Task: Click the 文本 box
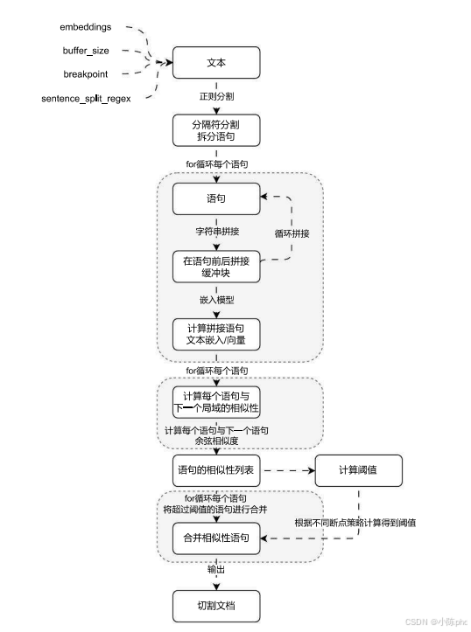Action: tap(215, 63)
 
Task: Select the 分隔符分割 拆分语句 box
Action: tap(215, 131)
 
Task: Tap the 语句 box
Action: tap(215, 198)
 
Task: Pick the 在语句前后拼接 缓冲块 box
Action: tap(215, 267)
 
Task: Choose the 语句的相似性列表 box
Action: tap(215, 470)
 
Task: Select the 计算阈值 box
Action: tap(358, 470)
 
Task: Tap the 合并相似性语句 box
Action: tap(215, 538)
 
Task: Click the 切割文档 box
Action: tap(215, 605)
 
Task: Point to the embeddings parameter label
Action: tap(87, 27)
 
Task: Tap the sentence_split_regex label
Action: tap(86, 98)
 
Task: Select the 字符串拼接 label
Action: tap(215, 233)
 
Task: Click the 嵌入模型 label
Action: tap(215, 300)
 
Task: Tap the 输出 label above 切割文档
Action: tap(215, 570)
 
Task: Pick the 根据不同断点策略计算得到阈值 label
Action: tap(355, 523)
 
